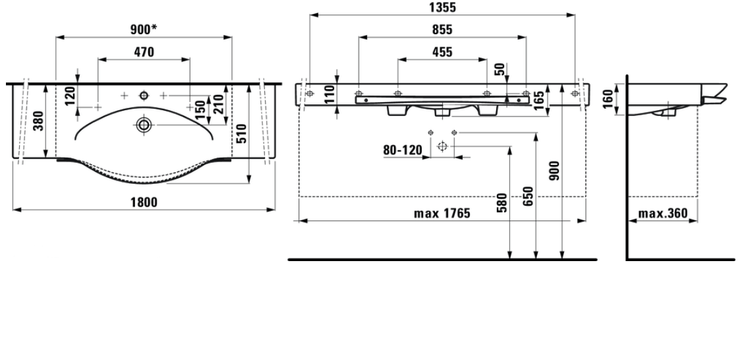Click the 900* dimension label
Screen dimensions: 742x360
tap(144, 30)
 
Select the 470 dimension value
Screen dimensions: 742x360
tap(144, 51)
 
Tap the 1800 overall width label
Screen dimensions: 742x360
tap(144, 202)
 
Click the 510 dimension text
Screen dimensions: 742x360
tap(241, 133)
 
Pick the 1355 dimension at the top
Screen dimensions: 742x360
tap(442, 7)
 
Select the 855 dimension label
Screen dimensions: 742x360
tap(442, 30)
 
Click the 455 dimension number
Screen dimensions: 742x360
tap(442, 51)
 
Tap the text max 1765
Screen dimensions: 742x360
tap(442, 214)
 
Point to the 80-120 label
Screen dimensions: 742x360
tap(403, 150)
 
